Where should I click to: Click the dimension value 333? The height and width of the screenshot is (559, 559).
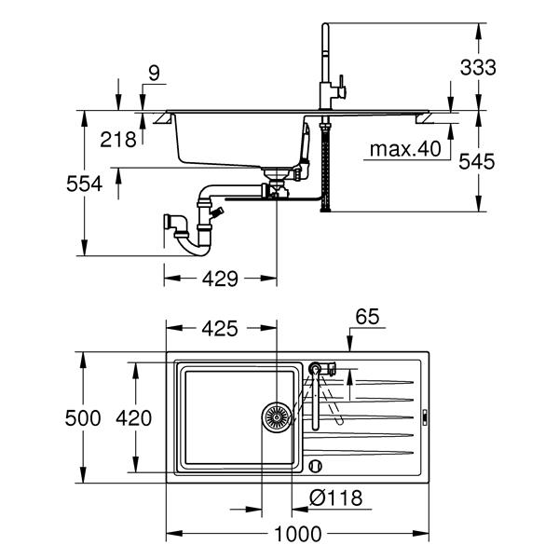[478, 67]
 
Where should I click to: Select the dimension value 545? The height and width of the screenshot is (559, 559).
[477, 161]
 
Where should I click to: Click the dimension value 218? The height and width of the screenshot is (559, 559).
[118, 139]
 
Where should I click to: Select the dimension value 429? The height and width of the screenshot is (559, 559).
[220, 278]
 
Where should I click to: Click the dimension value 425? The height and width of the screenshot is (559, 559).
[220, 328]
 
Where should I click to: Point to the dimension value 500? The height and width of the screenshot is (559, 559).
[83, 418]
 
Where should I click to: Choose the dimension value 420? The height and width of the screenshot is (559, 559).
[133, 418]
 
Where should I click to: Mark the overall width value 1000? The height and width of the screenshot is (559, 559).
[297, 534]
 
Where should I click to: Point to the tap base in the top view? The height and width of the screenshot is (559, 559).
[317, 369]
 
